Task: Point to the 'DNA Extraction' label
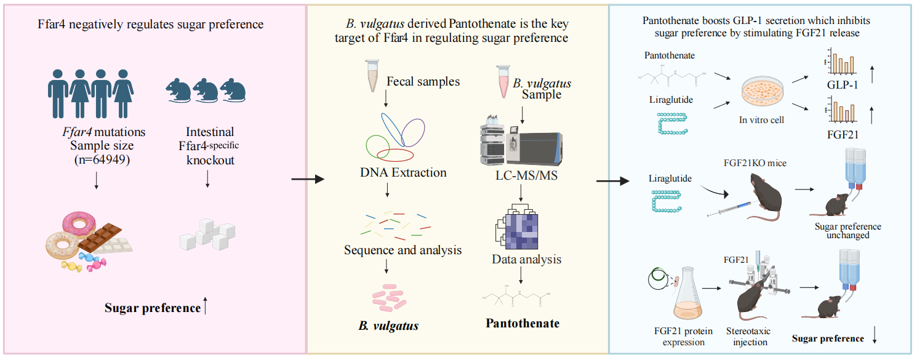tap(403, 172)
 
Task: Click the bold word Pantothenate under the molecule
tap(523, 323)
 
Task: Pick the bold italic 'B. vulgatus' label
tap(388, 326)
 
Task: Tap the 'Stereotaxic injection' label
tap(747, 337)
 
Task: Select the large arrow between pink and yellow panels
tap(306, 180)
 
